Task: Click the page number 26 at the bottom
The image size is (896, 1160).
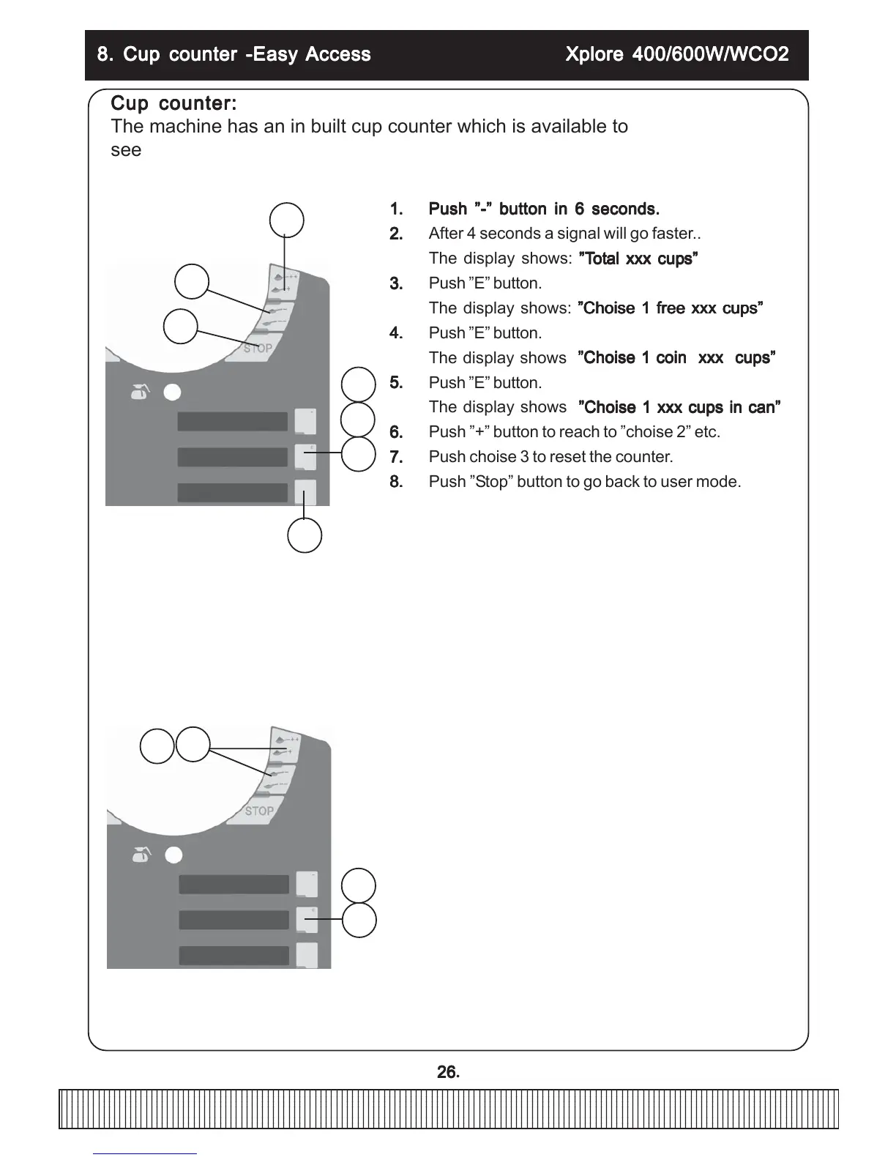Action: (447, 1072)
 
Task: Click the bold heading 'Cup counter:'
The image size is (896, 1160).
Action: (173, 104)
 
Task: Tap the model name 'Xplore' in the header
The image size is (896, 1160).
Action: (594, 54)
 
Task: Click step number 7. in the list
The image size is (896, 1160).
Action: (396, 457)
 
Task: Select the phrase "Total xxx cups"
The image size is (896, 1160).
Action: (638, 259)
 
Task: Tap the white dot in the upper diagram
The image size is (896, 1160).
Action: (172, 393)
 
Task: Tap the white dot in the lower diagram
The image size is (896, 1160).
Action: (173, 855)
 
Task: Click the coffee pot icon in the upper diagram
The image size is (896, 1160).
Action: (139, 393)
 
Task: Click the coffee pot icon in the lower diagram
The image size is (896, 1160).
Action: (141, 855)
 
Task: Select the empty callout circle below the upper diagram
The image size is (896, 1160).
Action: (305, 535)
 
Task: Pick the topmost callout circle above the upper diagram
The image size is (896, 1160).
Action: (287, 220)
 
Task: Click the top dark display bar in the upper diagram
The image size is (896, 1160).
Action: (233, 421)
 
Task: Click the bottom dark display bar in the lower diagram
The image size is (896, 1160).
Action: (234, 955)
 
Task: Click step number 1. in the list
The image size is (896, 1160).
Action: (396, 209)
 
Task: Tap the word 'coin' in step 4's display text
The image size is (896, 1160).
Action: (671, 358)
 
